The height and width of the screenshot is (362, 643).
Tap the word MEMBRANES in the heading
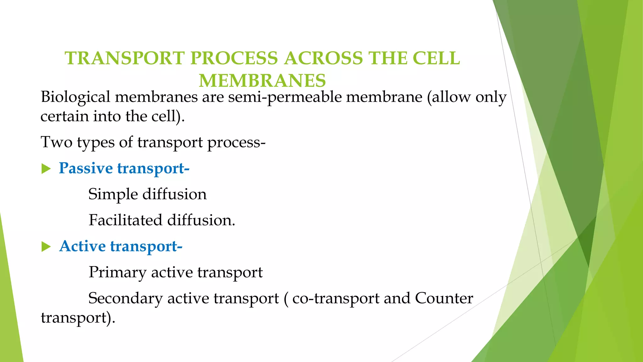click(x=262, y=81)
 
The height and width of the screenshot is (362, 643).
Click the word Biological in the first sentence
click(x=75, y=97)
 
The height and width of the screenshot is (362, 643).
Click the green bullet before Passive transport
click(x=46, y=169)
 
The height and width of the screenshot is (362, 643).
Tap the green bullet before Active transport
click(x=46, y=247)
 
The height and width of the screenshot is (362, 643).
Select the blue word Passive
click(x=86, y=168)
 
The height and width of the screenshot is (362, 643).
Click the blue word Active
click(x=82, y=246)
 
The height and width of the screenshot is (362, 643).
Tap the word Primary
click(x=117, y=272)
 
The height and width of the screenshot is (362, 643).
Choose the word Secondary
click(x=125, y=298)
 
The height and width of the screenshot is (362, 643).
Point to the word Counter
click(x=444, y=298)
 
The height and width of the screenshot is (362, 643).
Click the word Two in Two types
click(x=57, y=142)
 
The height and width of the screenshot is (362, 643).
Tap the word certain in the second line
click(x=65, y=117)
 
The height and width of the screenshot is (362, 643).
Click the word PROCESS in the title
click(x=234, y=58)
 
